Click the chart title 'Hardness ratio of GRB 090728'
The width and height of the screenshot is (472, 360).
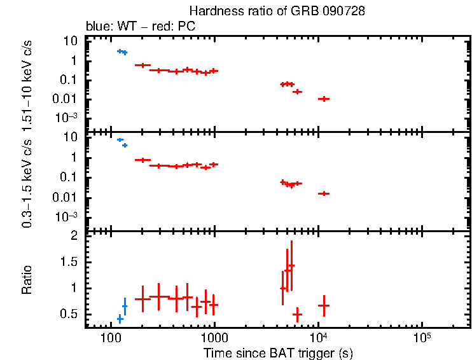pos(277,12)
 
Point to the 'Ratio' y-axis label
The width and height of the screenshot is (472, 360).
pos(27,280)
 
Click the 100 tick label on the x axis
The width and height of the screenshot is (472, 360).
pos(111,336)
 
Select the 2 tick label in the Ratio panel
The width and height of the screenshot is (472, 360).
pos(74,236)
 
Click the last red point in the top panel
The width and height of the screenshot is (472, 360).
pos(324,99)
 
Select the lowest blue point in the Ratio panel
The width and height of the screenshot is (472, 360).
pos(120,319)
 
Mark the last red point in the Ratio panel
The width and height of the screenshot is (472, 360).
pos(324,306)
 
